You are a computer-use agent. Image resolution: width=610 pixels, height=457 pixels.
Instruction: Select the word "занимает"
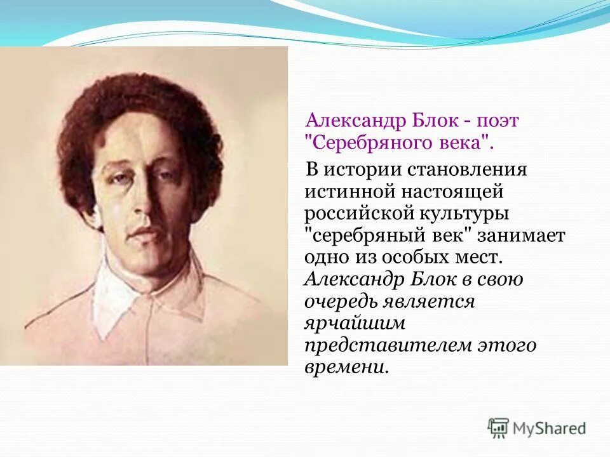pos(523,235)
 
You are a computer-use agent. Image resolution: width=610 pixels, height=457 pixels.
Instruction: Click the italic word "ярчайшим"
pos(354,323)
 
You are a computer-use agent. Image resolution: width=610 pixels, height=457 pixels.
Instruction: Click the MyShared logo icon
pos(499,428)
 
